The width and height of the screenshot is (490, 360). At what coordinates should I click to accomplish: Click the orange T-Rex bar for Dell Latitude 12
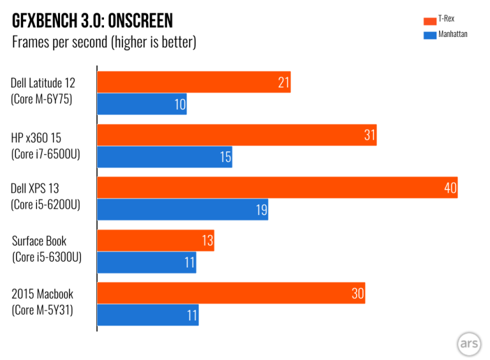pos(193,82)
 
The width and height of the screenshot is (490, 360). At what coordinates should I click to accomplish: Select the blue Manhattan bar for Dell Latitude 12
pos(142,104)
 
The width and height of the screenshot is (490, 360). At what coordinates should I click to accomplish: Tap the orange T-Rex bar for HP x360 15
pos(236,135)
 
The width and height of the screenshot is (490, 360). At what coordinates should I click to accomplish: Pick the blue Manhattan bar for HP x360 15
pos(164,157)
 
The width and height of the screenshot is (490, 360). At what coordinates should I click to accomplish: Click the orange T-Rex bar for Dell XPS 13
pos(277,187)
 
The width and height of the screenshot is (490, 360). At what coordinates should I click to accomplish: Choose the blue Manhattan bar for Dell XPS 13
pos(182,209)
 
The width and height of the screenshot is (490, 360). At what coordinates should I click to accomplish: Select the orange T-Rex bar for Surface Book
pos(155,240)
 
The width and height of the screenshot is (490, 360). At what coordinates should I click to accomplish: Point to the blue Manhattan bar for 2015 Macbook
pos(147,315)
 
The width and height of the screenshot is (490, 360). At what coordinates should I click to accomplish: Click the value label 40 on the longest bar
pos(450,188)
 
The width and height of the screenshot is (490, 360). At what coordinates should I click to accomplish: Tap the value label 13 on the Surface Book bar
pos(207,240)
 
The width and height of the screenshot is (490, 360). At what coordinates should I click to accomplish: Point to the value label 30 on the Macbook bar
pos(357,293)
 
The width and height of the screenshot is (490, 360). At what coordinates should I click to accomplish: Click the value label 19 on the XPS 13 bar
pos(261,210)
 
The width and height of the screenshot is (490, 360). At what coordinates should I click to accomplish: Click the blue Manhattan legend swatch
pos(428,34)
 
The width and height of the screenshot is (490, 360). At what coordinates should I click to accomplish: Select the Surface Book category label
pos(39,241)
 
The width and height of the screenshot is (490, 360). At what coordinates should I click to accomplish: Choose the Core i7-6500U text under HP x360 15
pos(45,153)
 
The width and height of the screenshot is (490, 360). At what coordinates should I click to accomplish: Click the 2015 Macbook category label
pos(42,294)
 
